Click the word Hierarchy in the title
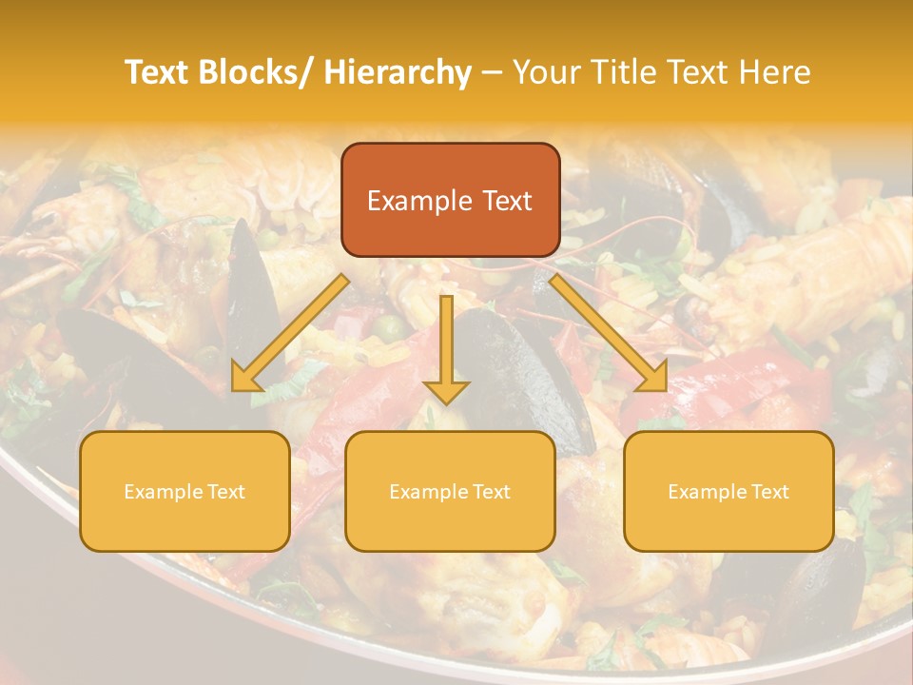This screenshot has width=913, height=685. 398,73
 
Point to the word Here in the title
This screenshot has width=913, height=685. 774,73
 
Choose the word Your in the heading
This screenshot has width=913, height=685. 546,73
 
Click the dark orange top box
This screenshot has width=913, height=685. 450,200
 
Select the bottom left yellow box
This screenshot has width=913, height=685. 185,491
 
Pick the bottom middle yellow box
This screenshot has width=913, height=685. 450,491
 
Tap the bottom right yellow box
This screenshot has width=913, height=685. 728,491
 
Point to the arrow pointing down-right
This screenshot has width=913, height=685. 609,333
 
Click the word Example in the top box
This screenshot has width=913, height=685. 419,201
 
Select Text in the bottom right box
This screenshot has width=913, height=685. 769,492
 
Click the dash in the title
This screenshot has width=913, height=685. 492,73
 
